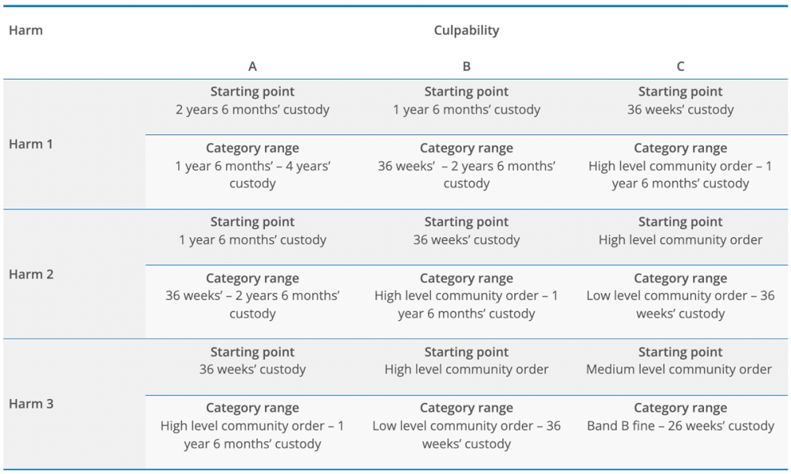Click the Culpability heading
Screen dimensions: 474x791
click(x=467, y=30)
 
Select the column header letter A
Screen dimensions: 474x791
click(x=252, y=66)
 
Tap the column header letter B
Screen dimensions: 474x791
click(x=467, y=66)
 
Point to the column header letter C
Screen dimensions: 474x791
click(x=680, y=66)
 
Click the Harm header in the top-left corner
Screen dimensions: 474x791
click(x=25, y=30)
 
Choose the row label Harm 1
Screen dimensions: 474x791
click(x=31, y=145)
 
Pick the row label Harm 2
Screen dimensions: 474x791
click(x=31, y=274)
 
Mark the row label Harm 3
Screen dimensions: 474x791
click(x=31, y=404)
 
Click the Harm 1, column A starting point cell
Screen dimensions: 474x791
click(x=252, y=101)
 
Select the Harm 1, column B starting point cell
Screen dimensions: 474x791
click(x=467, y=101)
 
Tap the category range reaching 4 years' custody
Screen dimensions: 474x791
click(x=252, y=166)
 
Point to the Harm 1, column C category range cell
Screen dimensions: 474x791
click(x=680, y=166)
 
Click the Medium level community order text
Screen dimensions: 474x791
click(x=680, y=369)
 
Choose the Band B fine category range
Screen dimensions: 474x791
click(x=680, y=426)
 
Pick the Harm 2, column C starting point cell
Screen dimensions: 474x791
click(x=680, y=231)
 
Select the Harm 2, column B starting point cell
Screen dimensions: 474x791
click(x=467, y=231)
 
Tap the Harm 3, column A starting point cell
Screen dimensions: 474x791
click(x=252, y=361)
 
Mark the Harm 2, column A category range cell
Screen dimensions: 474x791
click(x=252, y=296)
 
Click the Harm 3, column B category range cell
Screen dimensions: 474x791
click(x=467, y=427)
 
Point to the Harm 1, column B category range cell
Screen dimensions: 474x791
click(x=467, y=166)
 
